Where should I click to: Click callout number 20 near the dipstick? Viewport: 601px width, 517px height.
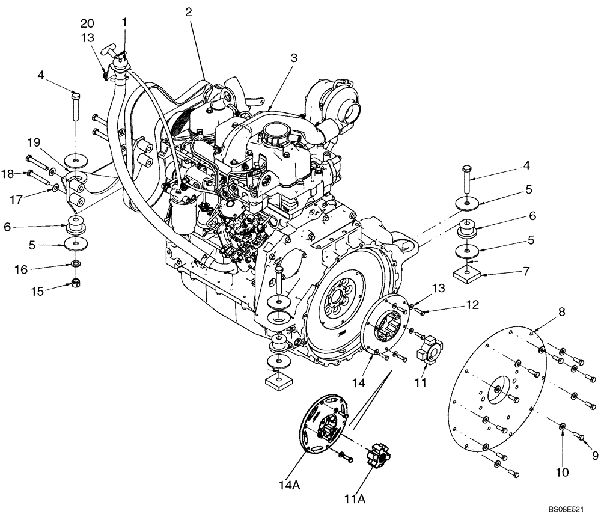coord(88,23)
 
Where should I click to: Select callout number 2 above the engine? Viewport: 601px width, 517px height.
coord(189,11)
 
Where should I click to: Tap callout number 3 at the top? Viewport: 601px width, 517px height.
coord(293,58)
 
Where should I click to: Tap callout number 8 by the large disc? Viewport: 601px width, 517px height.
coord(561,311)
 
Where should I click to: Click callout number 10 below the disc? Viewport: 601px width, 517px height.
coord(562,473)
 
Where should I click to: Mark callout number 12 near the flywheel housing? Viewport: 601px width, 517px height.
coord(471,305)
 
